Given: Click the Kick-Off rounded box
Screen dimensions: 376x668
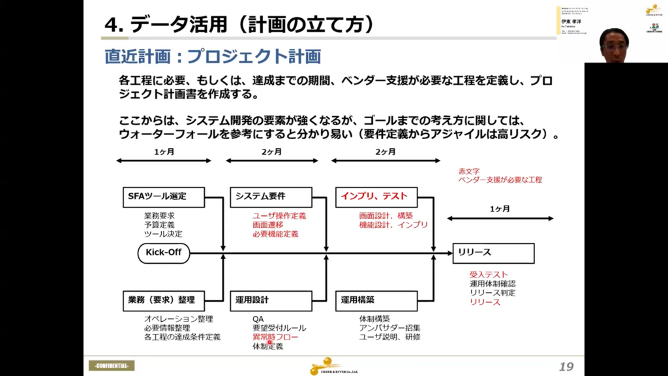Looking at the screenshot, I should click(x=164, y=253).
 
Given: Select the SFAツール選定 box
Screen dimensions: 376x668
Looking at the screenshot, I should click(x=164, y=196).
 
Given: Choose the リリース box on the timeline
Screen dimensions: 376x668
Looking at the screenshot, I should click(x=493, y=253).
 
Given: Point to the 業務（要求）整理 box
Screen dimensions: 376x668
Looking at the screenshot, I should click(x=164, y=300).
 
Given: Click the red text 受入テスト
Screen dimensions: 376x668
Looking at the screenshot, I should click(x=489, y=275).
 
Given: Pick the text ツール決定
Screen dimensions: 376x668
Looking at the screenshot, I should click(x=163, y=234).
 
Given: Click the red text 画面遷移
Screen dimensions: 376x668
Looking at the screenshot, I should click(x=267, y=225).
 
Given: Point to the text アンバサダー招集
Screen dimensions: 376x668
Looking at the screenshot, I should click(x=389, y=328).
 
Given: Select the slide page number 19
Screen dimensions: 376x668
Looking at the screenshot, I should click(x=566, y=366).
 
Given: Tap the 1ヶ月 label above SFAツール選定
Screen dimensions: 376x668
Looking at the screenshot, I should click(x=164, y=152).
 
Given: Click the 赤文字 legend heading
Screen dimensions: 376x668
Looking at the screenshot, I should click(x=470, y=170).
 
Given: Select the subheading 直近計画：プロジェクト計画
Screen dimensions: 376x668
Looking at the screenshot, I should click(x=213, y=57).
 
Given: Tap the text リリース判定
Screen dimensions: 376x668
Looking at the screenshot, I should click(x=493, y=293).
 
